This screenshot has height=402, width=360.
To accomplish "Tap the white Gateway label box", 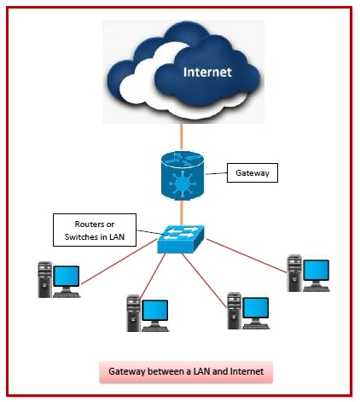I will pyautogui.click(x=252, y=174).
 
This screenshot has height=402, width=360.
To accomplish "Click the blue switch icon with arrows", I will pyautogui.click(x=181, y=238).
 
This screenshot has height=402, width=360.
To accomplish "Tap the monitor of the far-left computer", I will pyautogui.click(x=66, y=277).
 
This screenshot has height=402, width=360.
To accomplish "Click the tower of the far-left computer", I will pyautogui.click(x=44, y=279).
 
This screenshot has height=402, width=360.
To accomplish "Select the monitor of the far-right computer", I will pyautogui.click(x=316, y=270).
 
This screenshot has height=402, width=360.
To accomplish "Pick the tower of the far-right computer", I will pyautogui.click(x=294, y=272).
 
